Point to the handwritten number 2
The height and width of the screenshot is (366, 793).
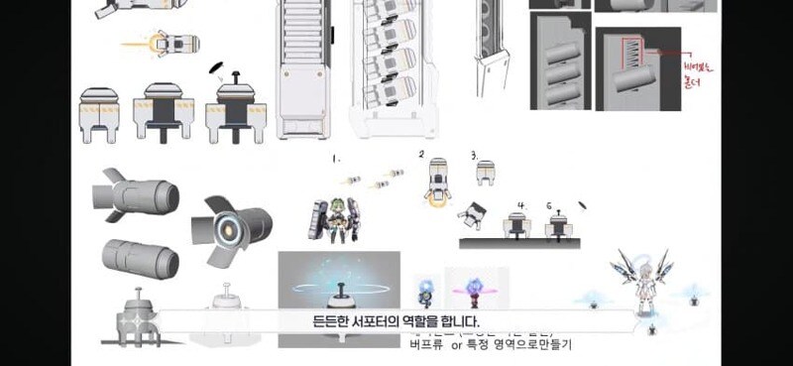pos(421,155)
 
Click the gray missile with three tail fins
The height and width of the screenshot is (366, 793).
pos(136,194)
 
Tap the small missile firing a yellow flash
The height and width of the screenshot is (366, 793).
pos(174,44)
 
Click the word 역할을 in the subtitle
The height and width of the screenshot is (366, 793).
pos(432,321)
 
